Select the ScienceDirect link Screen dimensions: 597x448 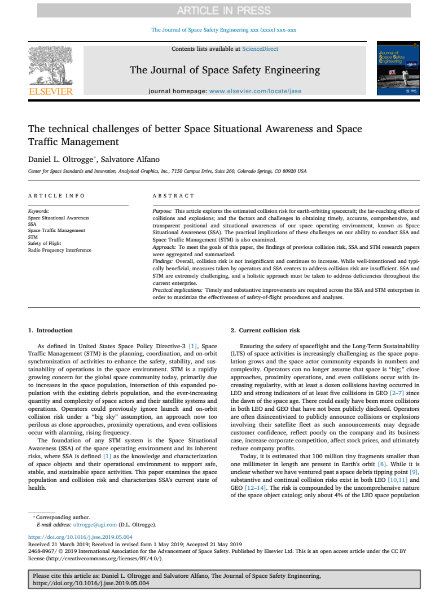pos(260,49)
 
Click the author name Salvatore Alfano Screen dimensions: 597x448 pos(134,160)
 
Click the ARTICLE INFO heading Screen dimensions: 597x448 pos(56,196)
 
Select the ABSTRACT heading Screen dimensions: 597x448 pos(173,196)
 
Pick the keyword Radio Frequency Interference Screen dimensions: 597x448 pos(59,250)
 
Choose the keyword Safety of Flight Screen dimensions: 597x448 pos(45,243)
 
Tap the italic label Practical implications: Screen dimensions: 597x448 pos(178,289)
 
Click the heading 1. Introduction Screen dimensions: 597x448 pos(50,330)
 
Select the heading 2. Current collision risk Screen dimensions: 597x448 pos(265,330)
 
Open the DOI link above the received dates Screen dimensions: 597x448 pos(80,537)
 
